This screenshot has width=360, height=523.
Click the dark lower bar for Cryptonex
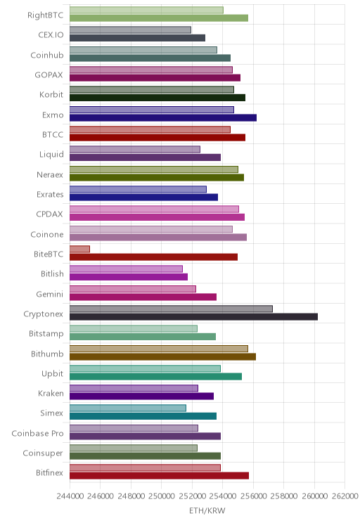(193, 317)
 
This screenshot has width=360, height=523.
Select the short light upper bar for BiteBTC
(79, 249)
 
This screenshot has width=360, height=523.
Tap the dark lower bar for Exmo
(163, 117)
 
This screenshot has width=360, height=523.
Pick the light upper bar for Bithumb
(159, 349)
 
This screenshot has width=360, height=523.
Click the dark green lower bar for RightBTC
(159, 18)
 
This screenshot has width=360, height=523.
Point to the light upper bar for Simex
(128, 408)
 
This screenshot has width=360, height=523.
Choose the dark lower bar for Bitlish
(129, 277)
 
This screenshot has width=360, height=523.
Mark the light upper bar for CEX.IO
(131, 30)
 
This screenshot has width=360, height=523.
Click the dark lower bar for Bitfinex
(159, 476)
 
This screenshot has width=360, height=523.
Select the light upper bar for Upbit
(145, 368)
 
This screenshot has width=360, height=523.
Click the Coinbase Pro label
(37, 433)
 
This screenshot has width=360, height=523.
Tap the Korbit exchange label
(51, 95)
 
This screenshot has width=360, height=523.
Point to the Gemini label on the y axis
(49, 294)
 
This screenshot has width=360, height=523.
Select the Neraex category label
(50, 175)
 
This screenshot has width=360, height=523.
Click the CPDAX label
(49, 214)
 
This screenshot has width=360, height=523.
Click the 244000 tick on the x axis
(70, 496)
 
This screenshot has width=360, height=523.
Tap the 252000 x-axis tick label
(192, 496)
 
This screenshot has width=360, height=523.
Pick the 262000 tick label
(345, 496)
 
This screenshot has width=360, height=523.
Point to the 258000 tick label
(283, 496)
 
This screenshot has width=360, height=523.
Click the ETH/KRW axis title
(207, 510)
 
